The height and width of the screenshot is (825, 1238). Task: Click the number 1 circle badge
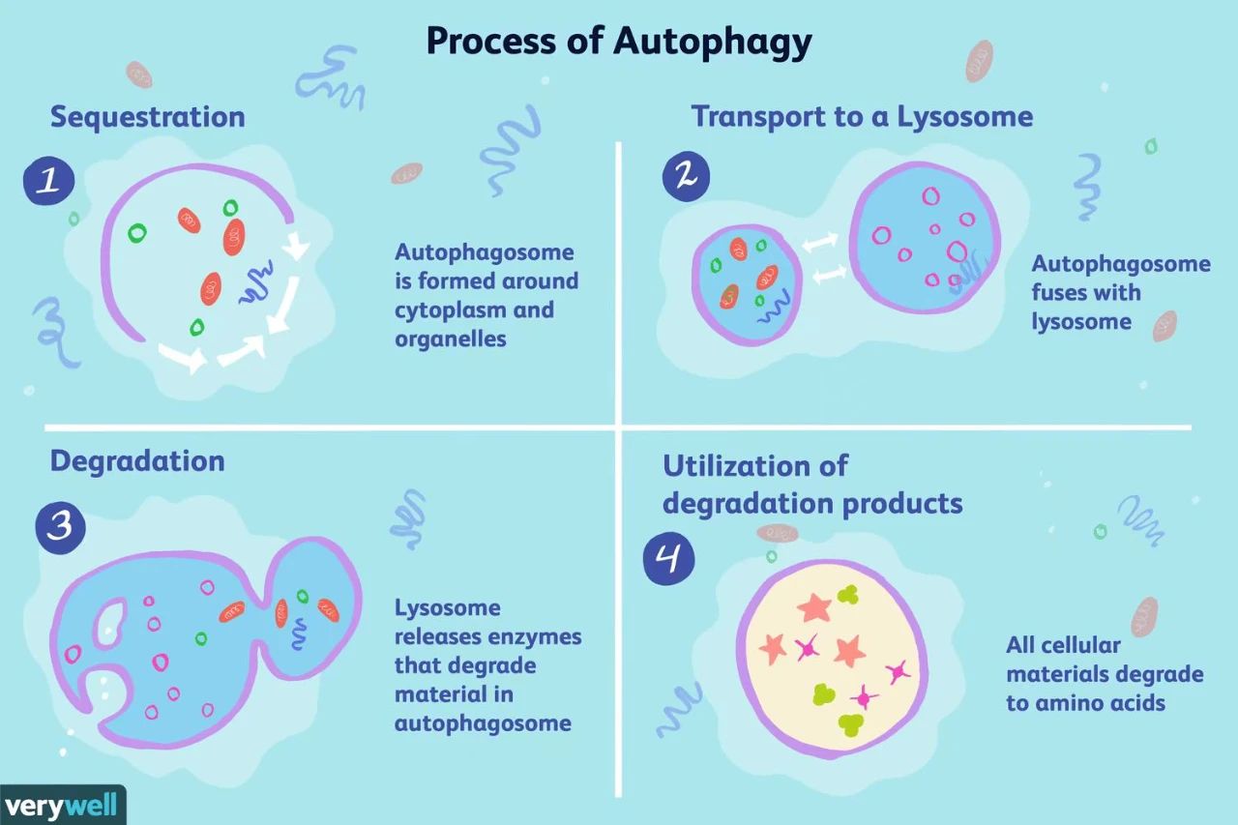49,181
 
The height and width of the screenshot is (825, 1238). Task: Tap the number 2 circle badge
686,176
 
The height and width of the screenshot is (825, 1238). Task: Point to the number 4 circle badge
668,558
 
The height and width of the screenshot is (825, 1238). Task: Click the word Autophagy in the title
713,43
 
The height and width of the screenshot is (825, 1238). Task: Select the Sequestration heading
148,117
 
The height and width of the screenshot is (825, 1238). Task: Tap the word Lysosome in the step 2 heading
964,117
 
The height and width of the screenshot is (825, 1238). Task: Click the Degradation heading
137,461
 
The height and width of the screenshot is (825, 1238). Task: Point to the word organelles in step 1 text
451,339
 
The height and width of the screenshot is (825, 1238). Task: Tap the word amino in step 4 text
1072,703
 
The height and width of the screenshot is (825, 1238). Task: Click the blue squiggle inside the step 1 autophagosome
256,281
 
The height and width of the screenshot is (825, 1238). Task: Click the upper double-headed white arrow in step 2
819,243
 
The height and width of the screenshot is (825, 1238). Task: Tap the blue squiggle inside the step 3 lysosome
299,634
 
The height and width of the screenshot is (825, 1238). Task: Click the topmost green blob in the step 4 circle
848,595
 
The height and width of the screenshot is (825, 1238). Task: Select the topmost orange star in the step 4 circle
814,607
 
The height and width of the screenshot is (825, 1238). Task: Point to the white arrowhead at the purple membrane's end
296,245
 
